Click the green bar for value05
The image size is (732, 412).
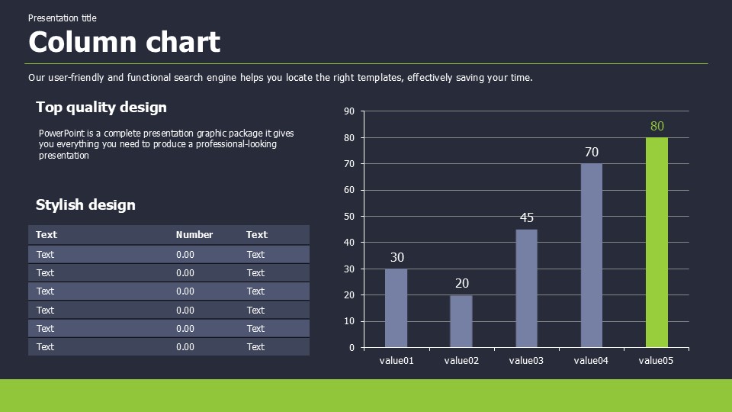coord(657,242)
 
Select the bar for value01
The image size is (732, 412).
coord(396,307)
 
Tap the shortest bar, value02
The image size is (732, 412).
coord(461,320)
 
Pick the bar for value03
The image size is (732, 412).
coord(526,288)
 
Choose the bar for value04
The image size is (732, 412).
coord(592,255)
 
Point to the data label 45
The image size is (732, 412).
coord(527,217)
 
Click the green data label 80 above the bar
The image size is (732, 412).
coord(657,126)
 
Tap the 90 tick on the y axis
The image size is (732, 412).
coord(349,111)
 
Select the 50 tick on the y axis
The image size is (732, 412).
coord(349,217)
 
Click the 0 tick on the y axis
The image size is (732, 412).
coord(352,348)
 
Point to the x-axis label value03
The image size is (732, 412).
coord(526,361)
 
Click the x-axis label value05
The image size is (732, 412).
coord(656,361)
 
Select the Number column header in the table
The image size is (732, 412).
coord(194,235)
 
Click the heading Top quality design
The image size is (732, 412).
coord(101,108)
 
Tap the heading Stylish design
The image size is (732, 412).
coord(85,205)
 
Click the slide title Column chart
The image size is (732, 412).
coord(124,42)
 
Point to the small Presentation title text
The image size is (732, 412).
coord(63,18)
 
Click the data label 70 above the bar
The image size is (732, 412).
coord(592,152)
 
